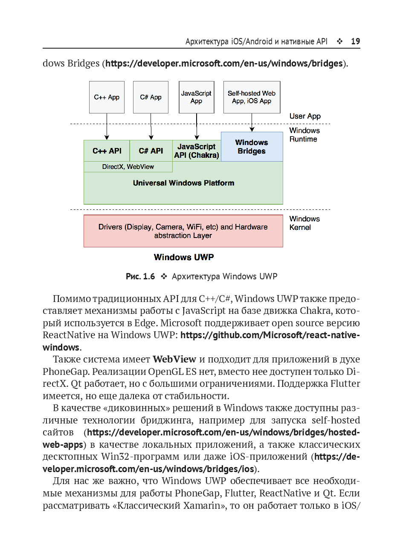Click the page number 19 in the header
click(x=355, y=41)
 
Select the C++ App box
click(x=107, y=97)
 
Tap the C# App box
click(x=151, y=97)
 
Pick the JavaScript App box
click(x=196, y=97)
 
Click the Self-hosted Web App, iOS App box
click(x=252, y=97)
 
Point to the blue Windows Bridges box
click(x=252, y=147)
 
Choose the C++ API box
click(x=107, y=151)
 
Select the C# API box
click(x=151, y=151)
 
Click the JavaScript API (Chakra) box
click(x=197, y=151)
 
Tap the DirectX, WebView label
click(x=128, y=167)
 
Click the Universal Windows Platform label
click(x=183, y=183)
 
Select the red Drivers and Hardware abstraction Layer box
click(x=183, y=231)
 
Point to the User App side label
click(x=305, y=116)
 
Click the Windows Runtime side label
click(x=304, y=135)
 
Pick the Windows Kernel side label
click(x=304, y=223)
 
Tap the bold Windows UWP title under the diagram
click(x=184, y=257)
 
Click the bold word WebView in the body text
click(x=174, y=359)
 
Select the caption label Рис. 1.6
click(x=140, y=276)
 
